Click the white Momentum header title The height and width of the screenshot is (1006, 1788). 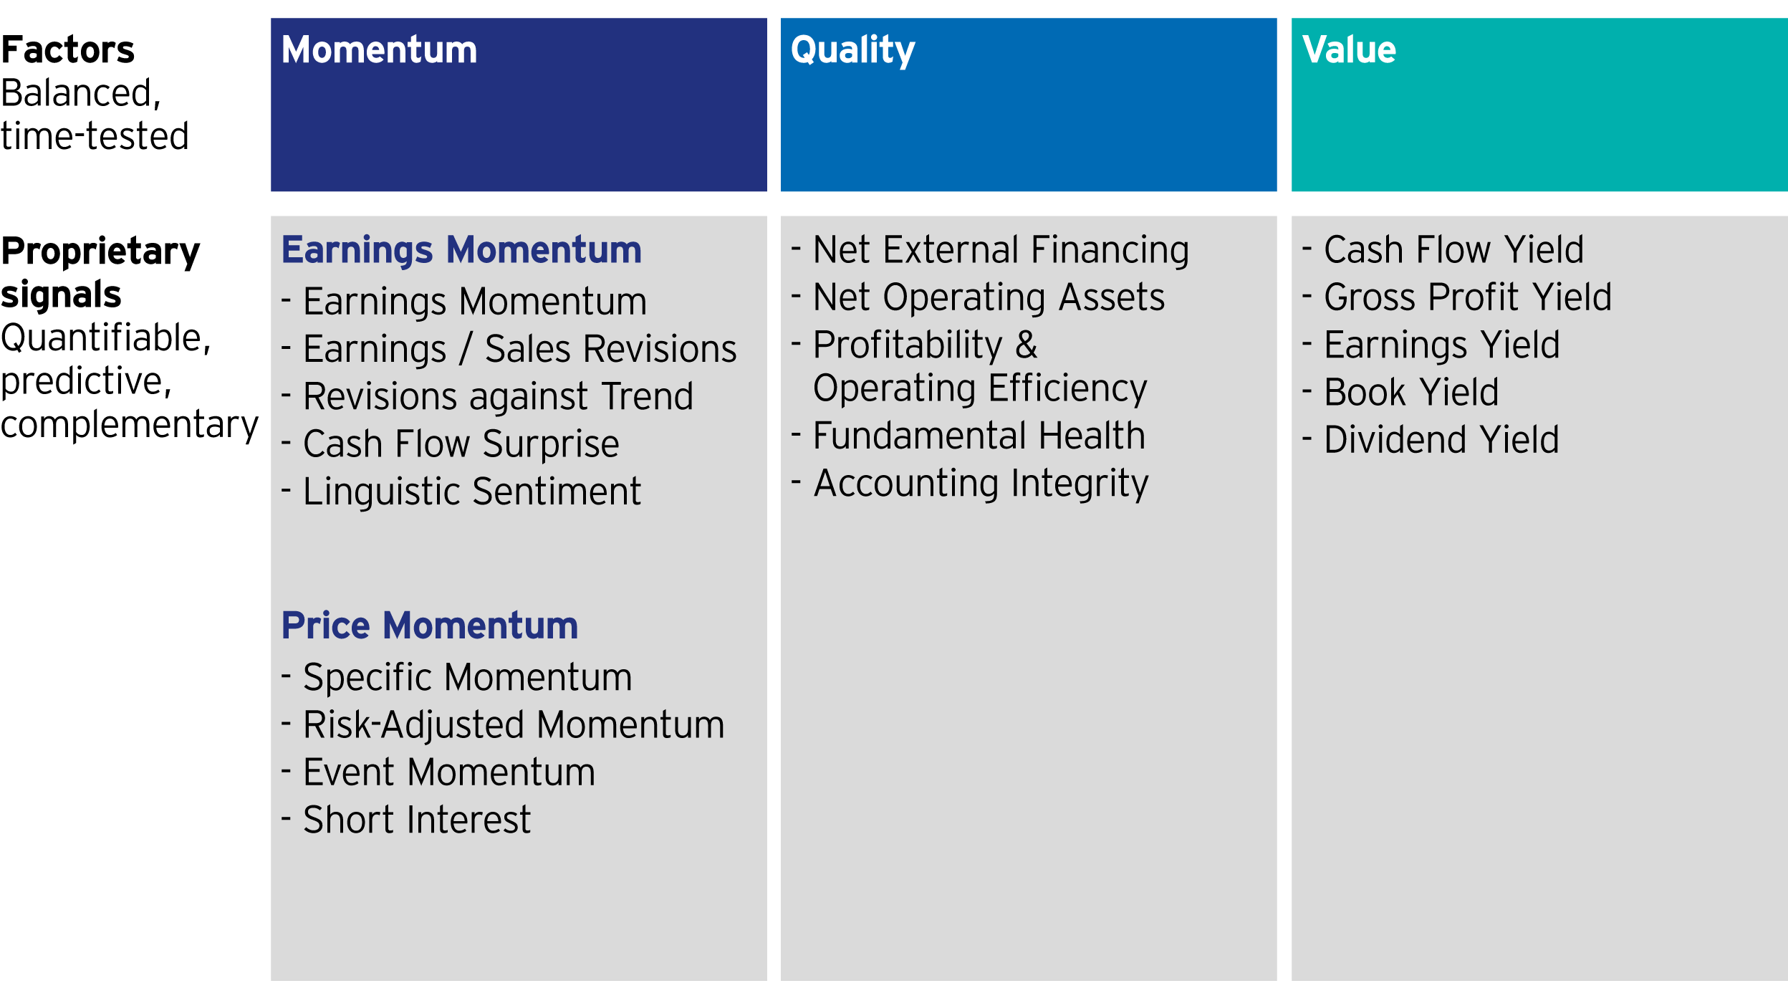click(379, 50)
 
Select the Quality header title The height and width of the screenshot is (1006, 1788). click(852, 51)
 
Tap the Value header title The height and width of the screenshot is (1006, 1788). click(1349, 50)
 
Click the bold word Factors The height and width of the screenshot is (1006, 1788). click(68, 50)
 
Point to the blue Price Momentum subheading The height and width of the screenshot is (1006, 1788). click(430, 626)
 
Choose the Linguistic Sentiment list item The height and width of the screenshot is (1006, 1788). click(472, 492)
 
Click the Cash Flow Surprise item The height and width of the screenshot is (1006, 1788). click(461, 444)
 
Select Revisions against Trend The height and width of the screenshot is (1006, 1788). click(499, 397)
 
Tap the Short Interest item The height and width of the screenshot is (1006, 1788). click(417, 820)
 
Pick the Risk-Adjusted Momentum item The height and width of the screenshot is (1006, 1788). click(514, 725)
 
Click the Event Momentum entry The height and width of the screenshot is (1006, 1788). click(449, 772)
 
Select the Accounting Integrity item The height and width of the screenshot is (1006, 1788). click(981, 484)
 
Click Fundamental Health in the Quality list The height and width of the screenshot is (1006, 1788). click(979, 436)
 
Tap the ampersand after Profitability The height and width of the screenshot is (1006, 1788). click(1026, 345)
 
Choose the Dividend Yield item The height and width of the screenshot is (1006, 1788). click(1441, 440)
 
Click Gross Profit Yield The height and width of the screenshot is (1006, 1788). click(1468, 297)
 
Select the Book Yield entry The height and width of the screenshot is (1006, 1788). click(1411, 393)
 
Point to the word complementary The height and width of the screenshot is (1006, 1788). click(130, 426)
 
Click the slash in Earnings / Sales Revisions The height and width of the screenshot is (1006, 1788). click(466, 349)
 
